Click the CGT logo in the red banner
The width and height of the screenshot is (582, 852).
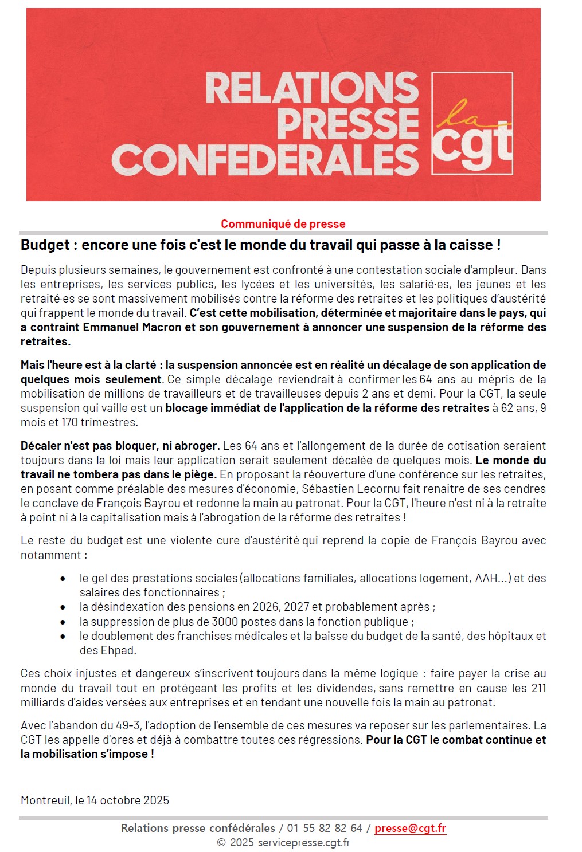[472, 123]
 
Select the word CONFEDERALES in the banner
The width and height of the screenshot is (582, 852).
[265, 159]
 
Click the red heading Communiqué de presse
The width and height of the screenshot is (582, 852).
[283, 224]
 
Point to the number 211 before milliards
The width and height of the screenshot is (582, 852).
[538, 688]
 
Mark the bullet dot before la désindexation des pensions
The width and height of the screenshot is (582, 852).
[63, 607]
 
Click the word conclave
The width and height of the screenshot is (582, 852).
[45, 503]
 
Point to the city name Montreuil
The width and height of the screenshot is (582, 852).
[45, 800]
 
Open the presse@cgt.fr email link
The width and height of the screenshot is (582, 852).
[410, 828]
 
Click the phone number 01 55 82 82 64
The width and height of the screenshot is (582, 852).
[325, 828]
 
